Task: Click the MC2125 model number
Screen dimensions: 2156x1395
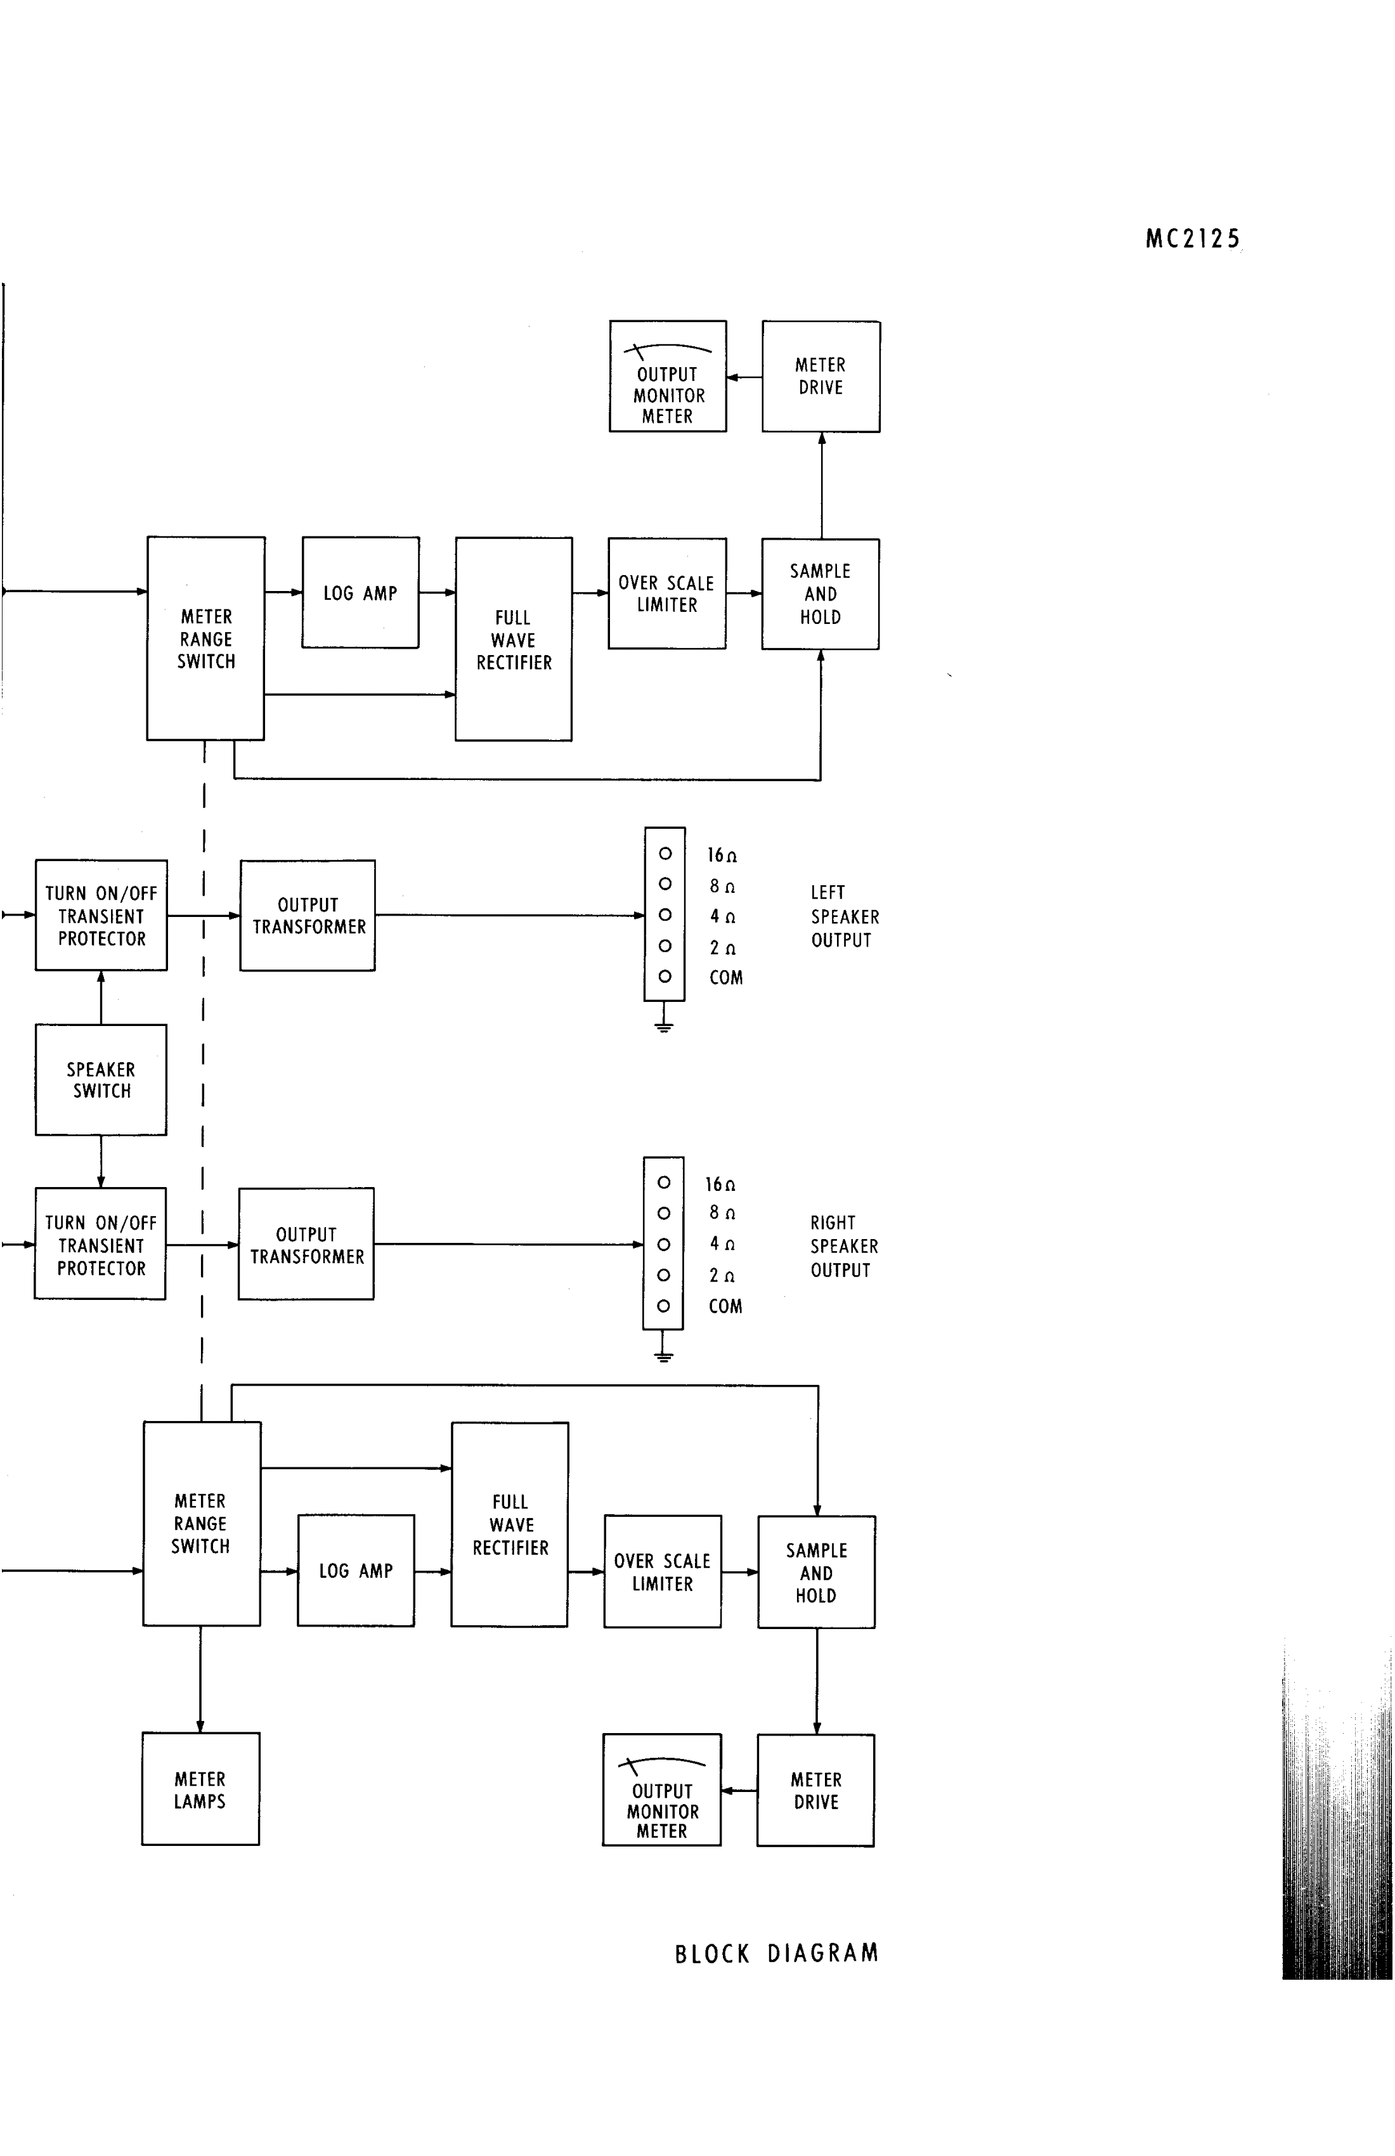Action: [x=1192, y=239]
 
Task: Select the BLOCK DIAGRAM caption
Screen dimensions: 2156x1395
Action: [x=776, y=1953]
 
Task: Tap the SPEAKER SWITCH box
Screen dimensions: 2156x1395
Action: [x=101, y=1080]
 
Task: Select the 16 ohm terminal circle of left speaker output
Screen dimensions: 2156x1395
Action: [x=665, y=854]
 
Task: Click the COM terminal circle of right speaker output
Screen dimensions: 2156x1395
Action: [x=664, y=1306]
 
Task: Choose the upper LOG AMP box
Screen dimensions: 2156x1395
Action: [x=361, y=592]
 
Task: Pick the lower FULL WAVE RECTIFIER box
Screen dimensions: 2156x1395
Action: [x=510, y=1524]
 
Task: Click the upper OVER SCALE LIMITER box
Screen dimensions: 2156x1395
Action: [x=666, y=594]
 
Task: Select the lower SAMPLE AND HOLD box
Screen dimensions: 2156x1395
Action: [x=816, y=1573]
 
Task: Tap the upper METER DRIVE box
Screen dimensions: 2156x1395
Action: [x=821, y=376]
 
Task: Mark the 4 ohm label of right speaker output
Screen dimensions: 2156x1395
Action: [x=722, y=1244]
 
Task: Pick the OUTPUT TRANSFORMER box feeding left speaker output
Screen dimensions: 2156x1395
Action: [x=308, y=916]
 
